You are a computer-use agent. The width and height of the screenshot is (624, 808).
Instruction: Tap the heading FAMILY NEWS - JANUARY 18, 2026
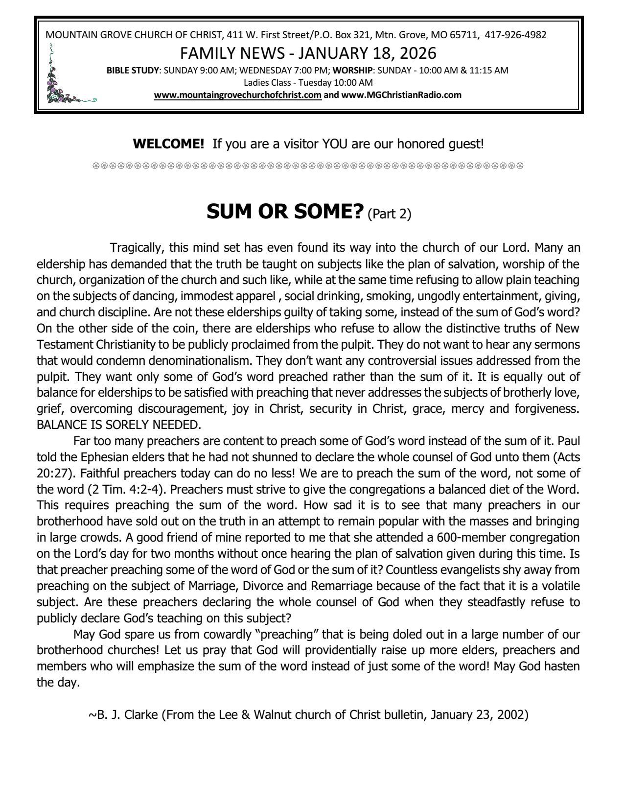coord(308,52)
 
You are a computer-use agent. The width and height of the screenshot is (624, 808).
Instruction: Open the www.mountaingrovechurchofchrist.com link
coord(238,95)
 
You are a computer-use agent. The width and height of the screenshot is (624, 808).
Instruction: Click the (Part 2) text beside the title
coord(389,214)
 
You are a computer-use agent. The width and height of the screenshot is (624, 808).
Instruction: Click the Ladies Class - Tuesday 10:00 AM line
coord(308,83)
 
